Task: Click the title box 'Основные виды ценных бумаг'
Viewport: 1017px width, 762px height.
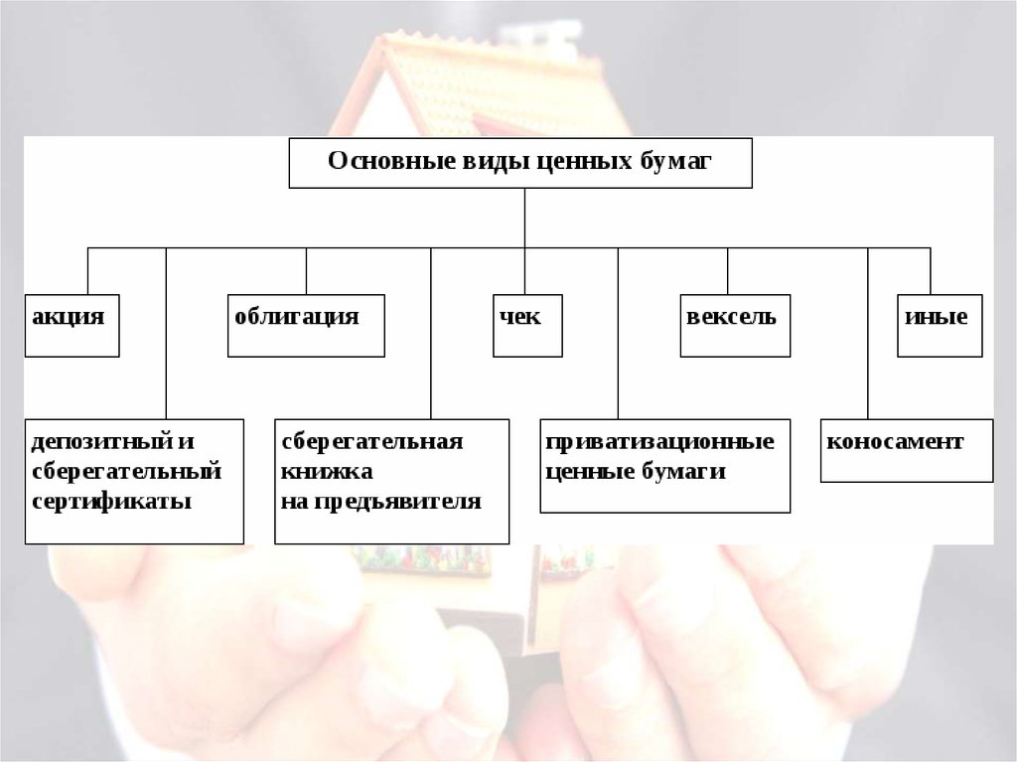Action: (x=520, y=163)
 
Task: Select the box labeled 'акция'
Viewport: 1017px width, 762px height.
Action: (x=72, y=325)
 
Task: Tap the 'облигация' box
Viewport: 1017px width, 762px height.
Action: (x=306, y=325)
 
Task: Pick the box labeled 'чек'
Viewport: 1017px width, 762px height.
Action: (x=527, y=325)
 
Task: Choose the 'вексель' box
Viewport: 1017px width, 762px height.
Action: (x=735, y=325)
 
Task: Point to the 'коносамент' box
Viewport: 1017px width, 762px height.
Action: (x=906, y=451)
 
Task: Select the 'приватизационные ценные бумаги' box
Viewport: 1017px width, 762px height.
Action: (x=665, y=466)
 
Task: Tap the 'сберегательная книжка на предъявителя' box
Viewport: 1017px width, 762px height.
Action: (x=391, y=481)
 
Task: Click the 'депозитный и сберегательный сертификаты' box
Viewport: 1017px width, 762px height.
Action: (x=134, y=481)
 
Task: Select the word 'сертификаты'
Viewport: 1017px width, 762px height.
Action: (x=111, y=501)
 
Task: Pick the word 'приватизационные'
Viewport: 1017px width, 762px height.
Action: (x=659, y=441)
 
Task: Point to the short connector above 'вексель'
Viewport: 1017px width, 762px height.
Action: (x=728, y=270)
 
